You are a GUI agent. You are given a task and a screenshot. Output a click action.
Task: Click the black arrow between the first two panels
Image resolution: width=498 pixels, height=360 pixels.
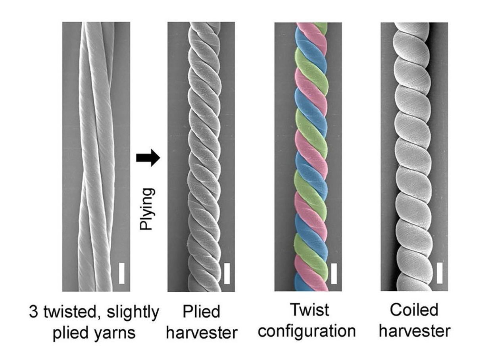click(x=148, y=158)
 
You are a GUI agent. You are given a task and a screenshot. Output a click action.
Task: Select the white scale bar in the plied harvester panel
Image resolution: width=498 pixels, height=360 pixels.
click(x=227, y=273)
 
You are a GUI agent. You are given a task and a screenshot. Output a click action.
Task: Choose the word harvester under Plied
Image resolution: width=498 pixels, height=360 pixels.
click(x=201, y=332)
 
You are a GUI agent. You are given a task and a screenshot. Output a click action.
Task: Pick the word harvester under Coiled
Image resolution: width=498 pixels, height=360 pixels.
click(x=414, y=330)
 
